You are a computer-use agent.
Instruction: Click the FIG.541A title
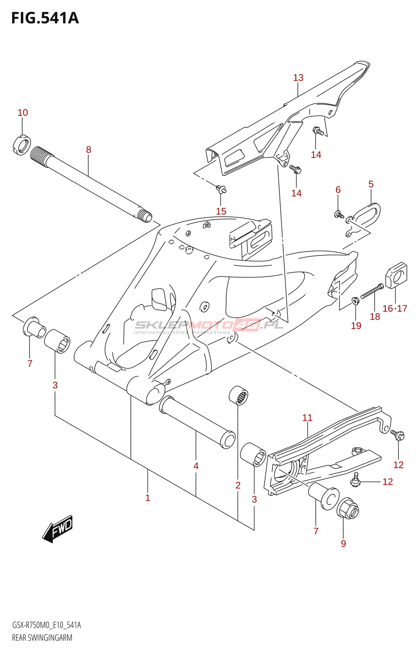point(45,18)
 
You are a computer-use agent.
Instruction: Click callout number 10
point(23,113)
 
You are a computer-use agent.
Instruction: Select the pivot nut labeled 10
point(22,145)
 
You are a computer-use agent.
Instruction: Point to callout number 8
point(88,150)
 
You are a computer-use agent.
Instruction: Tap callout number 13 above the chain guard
point(298,78)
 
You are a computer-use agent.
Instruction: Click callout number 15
point(221,211)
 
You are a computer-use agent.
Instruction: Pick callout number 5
point(371,184)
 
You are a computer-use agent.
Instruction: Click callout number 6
point(338,190)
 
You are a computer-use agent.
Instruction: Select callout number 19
point(356,326)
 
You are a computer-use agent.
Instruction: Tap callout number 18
point(375,317)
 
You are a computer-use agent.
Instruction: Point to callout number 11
point(307,418)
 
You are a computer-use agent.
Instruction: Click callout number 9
point(343,544)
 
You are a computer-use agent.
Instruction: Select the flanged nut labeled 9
point(348,508)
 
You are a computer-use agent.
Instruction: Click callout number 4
point(196,466)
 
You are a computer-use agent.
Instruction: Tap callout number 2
point(238,485)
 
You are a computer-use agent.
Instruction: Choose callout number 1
point(147,498)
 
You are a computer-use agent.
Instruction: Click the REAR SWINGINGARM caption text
point(42,637)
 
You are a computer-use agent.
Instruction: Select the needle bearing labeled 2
point(239,395)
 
